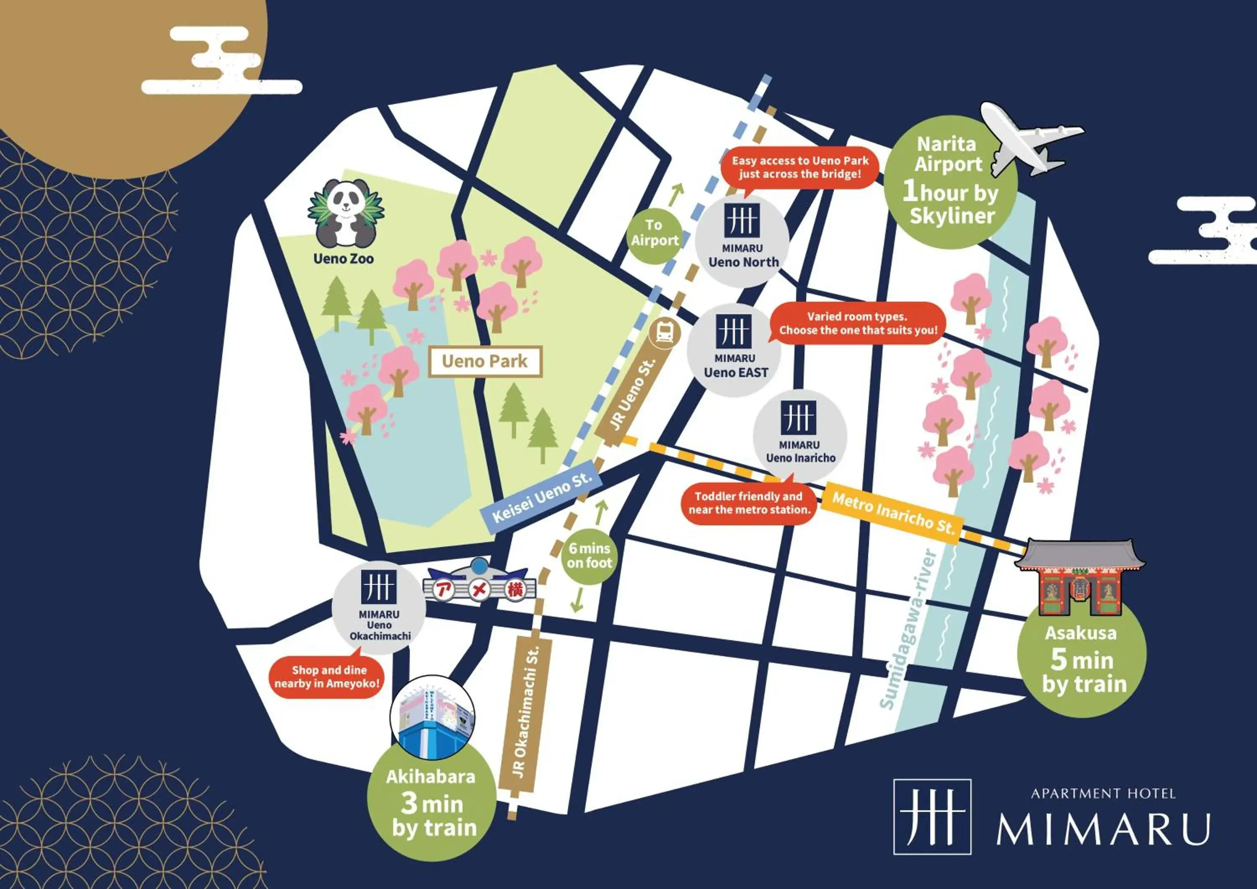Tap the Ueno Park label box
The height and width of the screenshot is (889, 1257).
pyautogui.click(x=485, y=361)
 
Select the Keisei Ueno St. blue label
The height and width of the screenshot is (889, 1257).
pyautogui.click(x=541, y=498)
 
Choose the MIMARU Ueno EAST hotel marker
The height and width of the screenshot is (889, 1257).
pyautogui.click(x=734, y=350)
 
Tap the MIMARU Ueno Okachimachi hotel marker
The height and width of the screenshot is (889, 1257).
pyautogui.click(x=379, y=607)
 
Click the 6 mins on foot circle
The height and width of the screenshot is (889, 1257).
pyautogui.click(x=589, y=556)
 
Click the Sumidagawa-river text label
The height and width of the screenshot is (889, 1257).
pyautogui.click(x=909, y=630)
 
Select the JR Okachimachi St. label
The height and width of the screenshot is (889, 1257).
pyautogui.click(x=525, y=712)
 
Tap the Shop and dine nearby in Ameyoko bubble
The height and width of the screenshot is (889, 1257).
pyautogui.click(x=327, y=677)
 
